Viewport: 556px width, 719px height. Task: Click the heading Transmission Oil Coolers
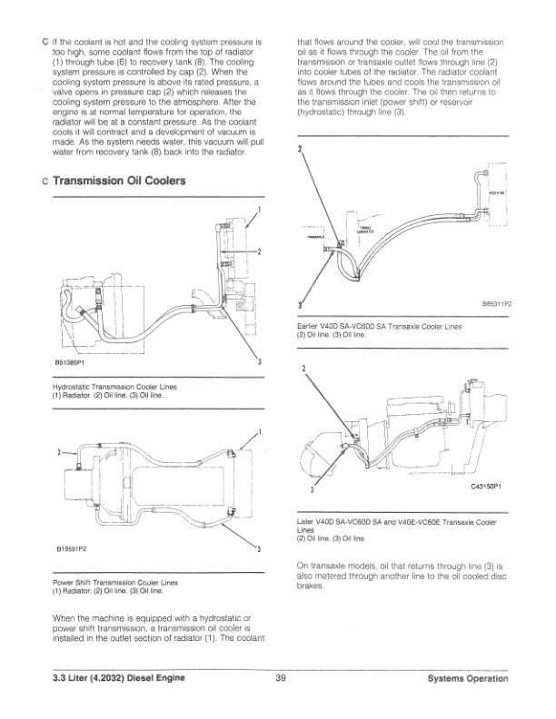pos(119,182)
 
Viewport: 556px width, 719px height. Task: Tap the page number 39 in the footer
pos(281,677)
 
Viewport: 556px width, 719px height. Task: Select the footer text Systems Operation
pos(470,677)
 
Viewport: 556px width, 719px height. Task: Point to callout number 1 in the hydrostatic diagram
pos(260,211)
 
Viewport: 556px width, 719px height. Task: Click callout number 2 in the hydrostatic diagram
pos(260,251)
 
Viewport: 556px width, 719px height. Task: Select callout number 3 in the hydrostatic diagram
pos(260,362)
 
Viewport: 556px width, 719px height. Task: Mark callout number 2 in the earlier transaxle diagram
pos(300,150)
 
